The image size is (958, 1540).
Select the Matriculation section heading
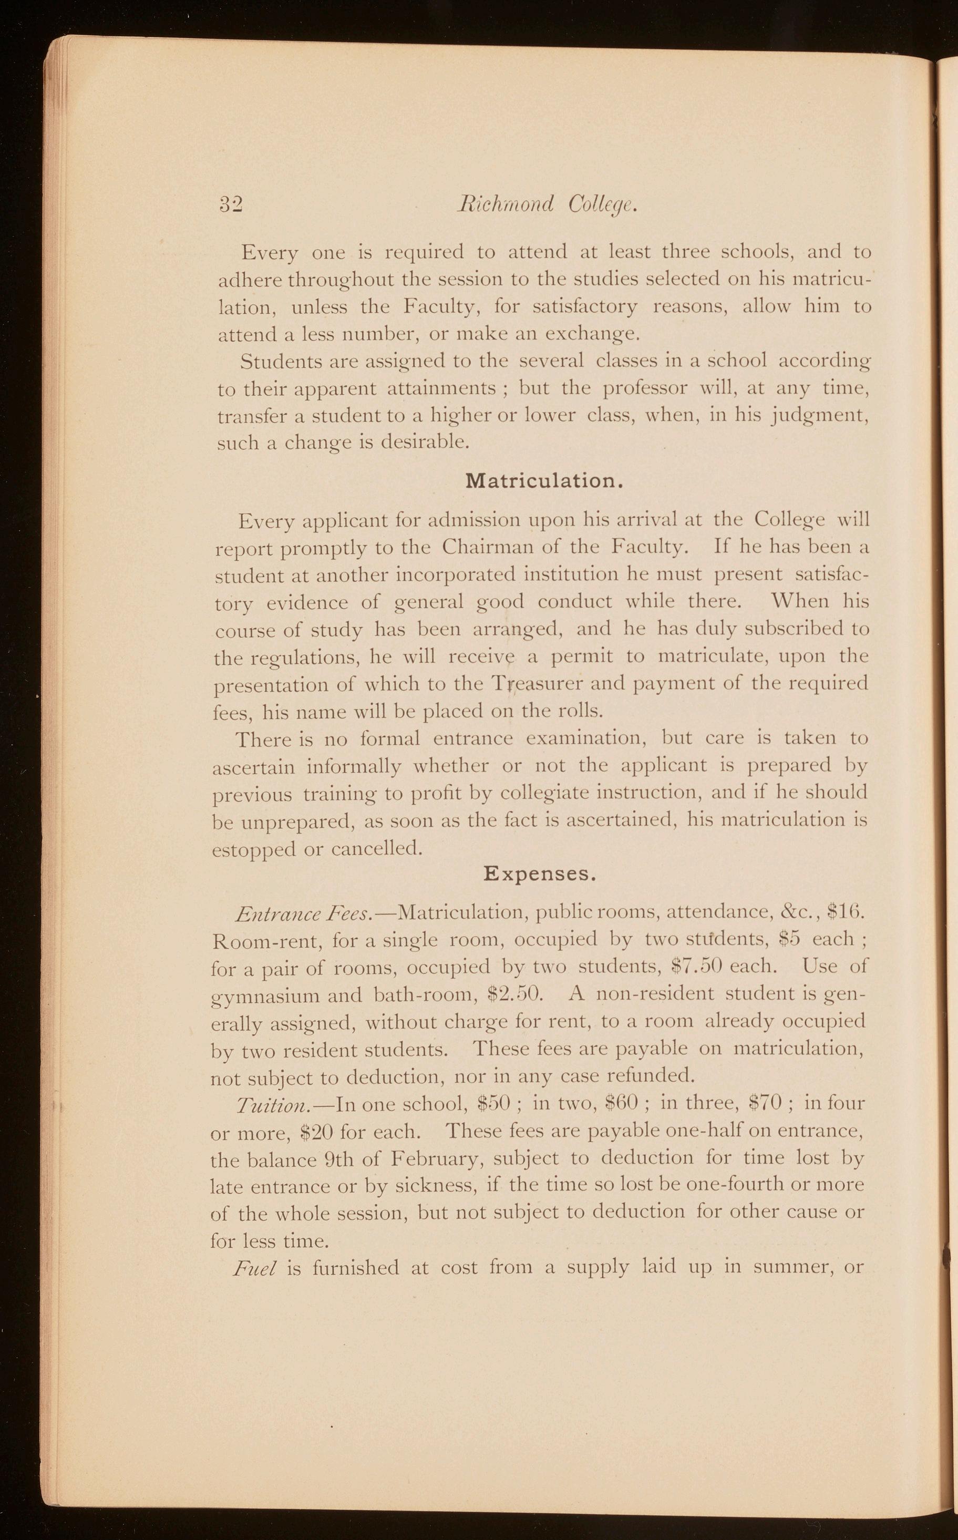click(x=545, y=481)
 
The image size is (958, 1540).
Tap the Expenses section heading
click(x=539, y=874)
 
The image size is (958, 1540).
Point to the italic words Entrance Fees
click(x=303, y=914)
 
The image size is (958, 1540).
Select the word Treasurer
click(x=537, y=684)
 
